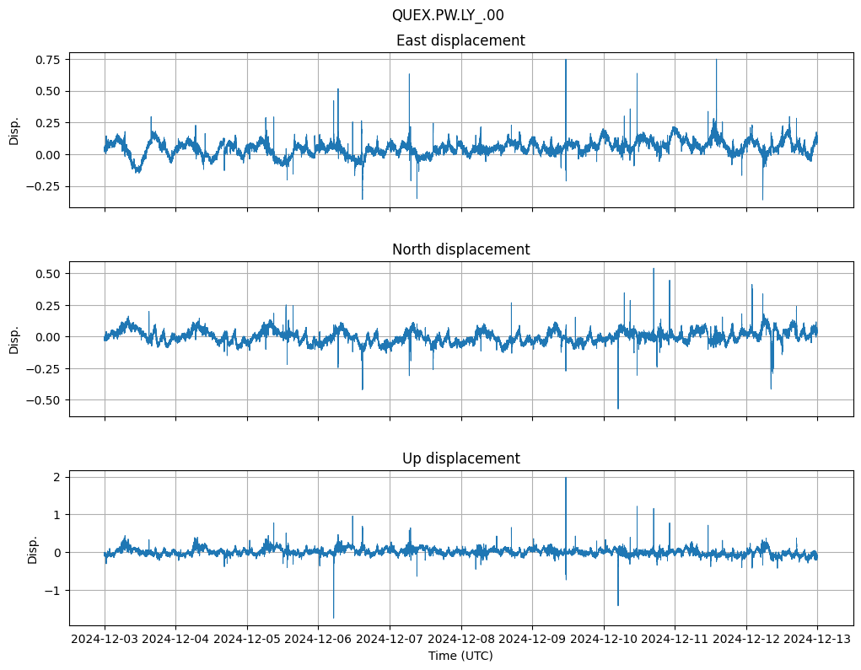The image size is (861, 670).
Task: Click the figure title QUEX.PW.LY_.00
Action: [x=448, y=15]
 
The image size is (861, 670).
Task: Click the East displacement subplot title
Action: [x=460, y=40]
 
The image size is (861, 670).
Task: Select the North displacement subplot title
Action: [x=460, y=249]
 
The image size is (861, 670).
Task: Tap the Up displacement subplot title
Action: [x=460, y=458]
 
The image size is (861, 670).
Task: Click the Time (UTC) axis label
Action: [x=460, y=655]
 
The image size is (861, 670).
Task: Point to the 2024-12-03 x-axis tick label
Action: [x=105, y=639]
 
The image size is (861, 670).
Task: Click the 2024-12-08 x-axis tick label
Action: [x=461, y=639]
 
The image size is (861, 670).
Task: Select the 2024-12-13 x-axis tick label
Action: [x=817, y=639]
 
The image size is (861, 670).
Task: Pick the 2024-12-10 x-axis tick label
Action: [x=604, y=639]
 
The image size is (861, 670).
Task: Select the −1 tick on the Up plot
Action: [x=53, y=590]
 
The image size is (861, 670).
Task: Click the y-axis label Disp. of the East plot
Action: [x=14, y=131]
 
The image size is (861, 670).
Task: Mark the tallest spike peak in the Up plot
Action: [x=566, y=478]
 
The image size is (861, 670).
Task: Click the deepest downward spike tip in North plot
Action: [x=618, y=409]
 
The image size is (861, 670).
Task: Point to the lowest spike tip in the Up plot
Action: [x=334, y=618]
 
